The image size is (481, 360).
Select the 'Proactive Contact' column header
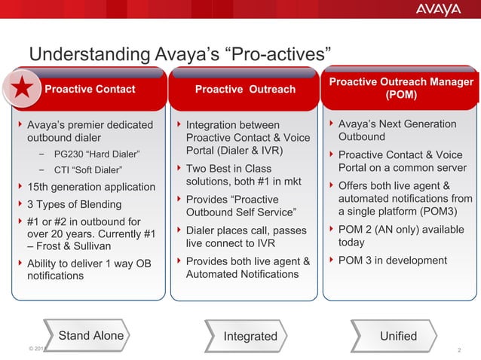(x=90, y=90)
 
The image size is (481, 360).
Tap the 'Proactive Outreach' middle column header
(x=245, y=90)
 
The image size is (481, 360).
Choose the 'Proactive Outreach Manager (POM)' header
(x=401, y=89)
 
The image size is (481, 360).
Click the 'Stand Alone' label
(x=90, y=336)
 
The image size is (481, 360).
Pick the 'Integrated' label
(x=250, y=336)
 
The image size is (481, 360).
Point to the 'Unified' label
(x=398, y=336)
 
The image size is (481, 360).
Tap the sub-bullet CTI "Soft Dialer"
(x=90, y=169)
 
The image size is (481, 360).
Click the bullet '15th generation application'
(x=90, y=187)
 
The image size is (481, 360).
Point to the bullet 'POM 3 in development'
(x=392, y=261)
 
